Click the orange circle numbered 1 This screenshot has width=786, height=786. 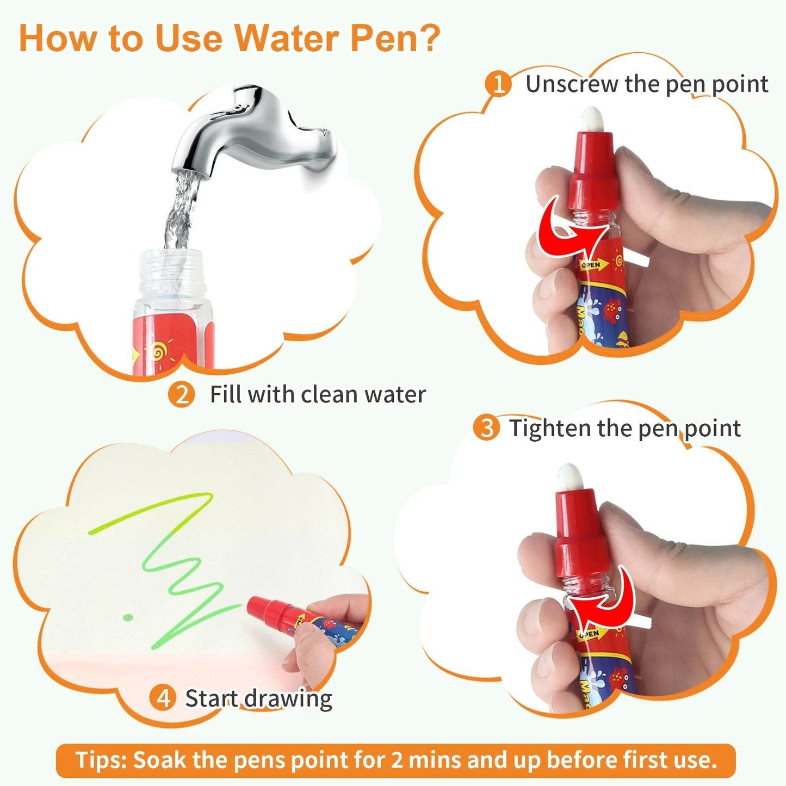(x=498, y=84)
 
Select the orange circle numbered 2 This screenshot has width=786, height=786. (x=181, y=394)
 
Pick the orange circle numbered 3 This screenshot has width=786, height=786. (x=486, y=428)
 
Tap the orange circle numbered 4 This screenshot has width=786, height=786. (x=163, y=698)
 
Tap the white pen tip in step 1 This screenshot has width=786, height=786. (x=591, y=119)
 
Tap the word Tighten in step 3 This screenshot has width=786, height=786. (x=549, y=429)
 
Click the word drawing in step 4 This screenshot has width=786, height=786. (x=288, y=698)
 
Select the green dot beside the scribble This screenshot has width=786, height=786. (x=128, y=617)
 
